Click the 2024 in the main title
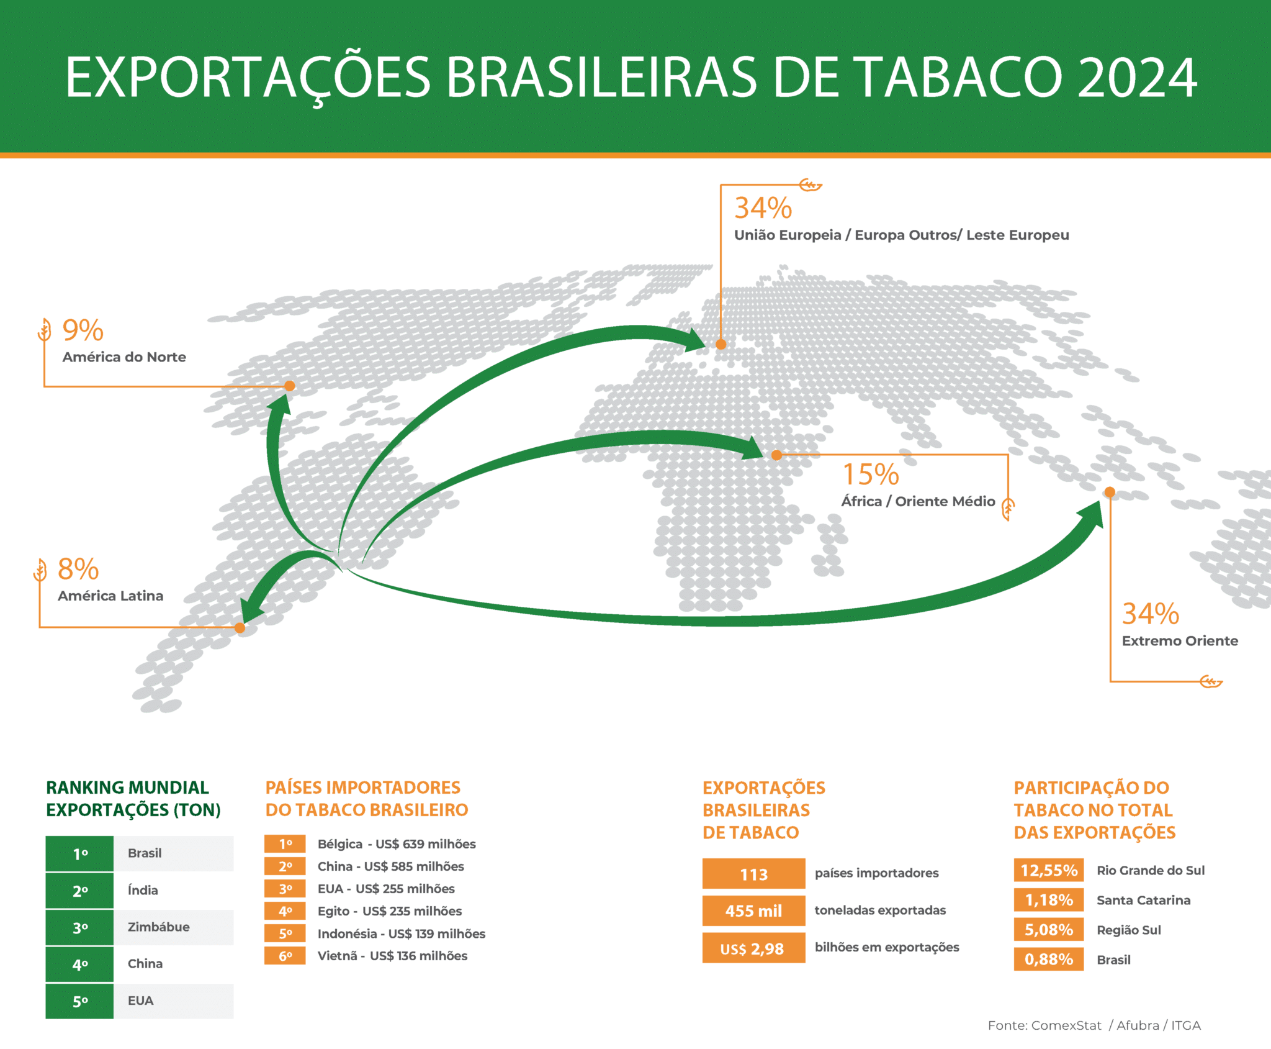tap(1137, 78)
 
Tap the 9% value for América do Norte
tap(83, 330)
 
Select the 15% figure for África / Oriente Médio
tap(871, 475)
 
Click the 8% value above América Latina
tap(78, 569)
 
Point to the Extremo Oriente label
tap(1180, 641)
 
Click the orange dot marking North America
tap(289, 386)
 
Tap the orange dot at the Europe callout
tap(721, 344)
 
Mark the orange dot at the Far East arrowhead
tap(1110, 493)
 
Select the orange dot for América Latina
tap(240, 628)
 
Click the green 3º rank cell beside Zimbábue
tap(79, 928)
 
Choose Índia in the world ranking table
tap(143, 891)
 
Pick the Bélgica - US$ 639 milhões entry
tap(397, 844)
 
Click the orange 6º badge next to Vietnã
tap(285, 956)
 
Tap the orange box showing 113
tap(754, 874)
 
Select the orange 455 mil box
tap(754, 911)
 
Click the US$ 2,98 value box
tap(754, 948)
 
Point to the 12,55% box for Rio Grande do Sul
tap(1049, 870)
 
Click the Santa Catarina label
tap(1143, 901)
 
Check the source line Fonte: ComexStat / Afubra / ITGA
tap(1094, 1025)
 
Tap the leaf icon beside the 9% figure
tap(44, 330)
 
